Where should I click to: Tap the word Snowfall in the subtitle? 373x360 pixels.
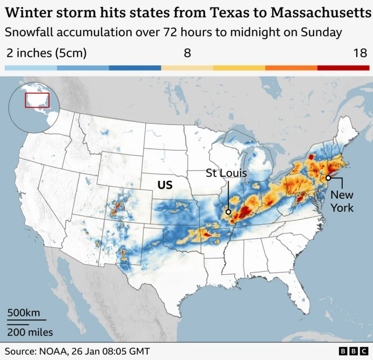point(30,33)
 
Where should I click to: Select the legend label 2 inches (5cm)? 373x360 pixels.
point(46,54)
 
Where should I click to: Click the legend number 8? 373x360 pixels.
point(187,54)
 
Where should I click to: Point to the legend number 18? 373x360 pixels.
point(360,54)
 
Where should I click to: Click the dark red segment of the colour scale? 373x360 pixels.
point(343,68)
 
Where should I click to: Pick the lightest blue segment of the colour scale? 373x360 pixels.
point(31,68)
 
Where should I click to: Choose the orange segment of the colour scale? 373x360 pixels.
point(291,68)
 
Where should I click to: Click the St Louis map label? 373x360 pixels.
point(227,173)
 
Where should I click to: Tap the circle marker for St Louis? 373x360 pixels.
point(228,212)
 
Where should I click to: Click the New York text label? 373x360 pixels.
point(342,201)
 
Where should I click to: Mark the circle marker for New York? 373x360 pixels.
point(329,178)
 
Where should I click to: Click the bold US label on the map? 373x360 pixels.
point(165,185)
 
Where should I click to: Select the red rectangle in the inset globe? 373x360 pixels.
point(37,100)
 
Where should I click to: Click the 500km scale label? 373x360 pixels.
point(23,313)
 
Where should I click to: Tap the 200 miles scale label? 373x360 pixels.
point(30,332)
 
